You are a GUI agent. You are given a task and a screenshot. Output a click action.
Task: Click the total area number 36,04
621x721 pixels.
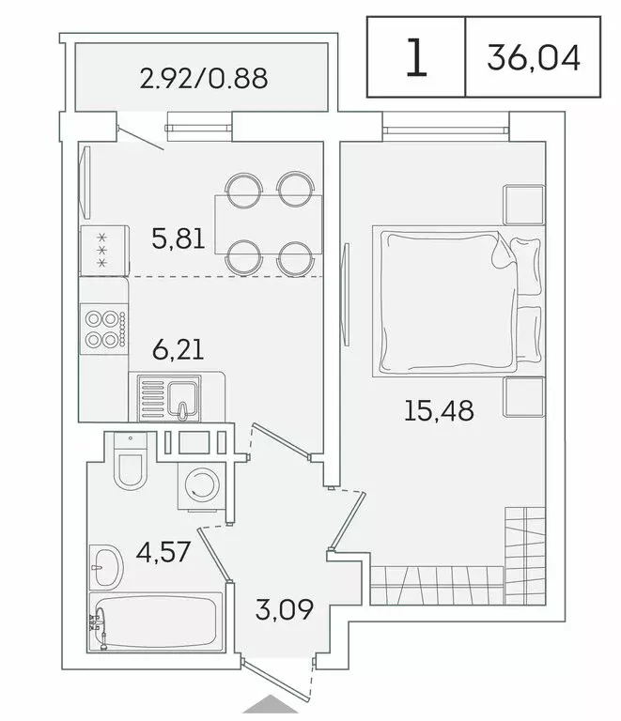point(534,58)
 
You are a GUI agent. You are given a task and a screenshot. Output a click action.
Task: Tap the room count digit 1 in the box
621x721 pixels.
point(415,58)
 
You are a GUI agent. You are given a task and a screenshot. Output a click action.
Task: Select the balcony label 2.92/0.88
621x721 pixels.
point(203,78)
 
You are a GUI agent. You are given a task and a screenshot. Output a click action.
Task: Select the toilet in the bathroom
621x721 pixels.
point(130,464)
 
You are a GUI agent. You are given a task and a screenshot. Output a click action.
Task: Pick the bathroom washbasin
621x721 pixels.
point(106,565)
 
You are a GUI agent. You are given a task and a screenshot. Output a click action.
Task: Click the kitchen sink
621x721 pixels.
point(169,396)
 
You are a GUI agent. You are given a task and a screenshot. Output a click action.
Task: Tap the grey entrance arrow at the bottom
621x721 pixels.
point(269,708)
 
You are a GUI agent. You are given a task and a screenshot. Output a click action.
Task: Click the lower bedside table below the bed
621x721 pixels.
point(521,397)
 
